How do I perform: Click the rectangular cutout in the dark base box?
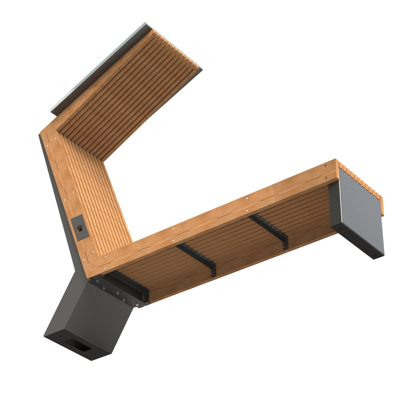point(77,345)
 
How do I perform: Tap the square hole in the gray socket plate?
point(80,229)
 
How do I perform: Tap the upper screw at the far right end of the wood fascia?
point(326,166)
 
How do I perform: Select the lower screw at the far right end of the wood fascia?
point(327,178)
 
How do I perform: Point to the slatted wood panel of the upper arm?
point(127,94)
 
